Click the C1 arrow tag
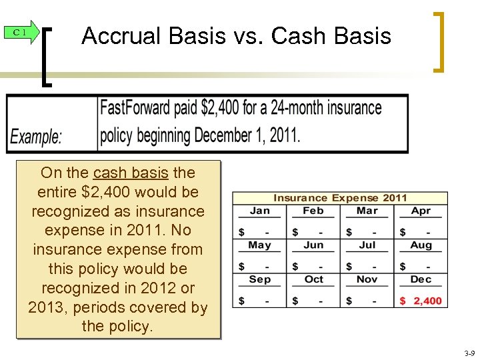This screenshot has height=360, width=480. pyautogui.click(x=20, y=32)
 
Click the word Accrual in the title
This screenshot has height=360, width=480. pyautogui.click(x=119, y=36)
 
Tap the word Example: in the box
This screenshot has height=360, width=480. pyautogui.click(x=37, y=137)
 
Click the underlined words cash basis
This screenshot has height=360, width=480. pyautogui.click(x=131, y=173)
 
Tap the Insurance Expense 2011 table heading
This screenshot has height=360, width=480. pyautogui.click(x=340, y=198)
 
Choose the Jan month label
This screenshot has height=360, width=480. pyautogui.click(x=259, y=211)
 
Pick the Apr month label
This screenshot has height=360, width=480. pyautogui.click(x=421, y=211)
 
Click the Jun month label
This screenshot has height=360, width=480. pyautogui.click(x=313, y=245)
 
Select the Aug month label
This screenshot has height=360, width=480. pyautogui.click(x=421, y=245)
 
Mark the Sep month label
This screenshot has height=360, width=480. pyautogui.click(x=259, y=279)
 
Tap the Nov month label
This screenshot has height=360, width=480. pyautogui.click(x=367, y=279)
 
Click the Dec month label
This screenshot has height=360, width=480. pyautogui.click(x=421, y=279)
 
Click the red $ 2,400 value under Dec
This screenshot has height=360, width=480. pyautogui.click(x=421, y=301)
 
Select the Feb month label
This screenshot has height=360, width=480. pyautogui.click(x=313, y=211)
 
